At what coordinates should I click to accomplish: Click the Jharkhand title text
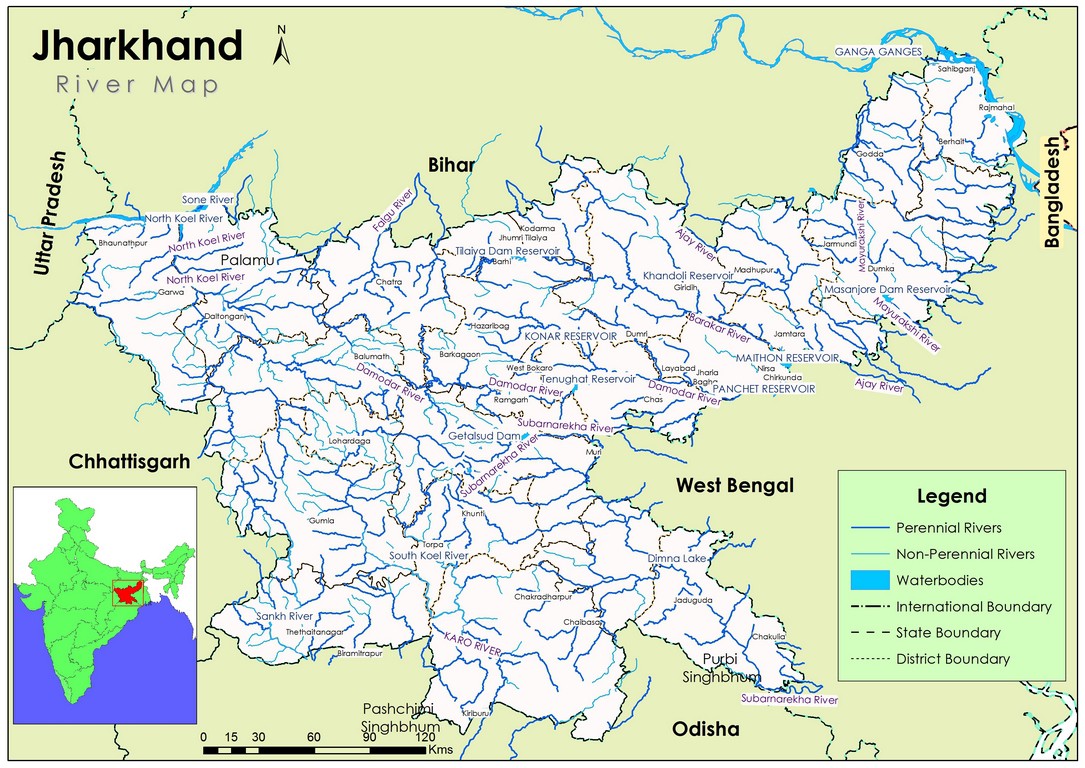click(x=138, y=46)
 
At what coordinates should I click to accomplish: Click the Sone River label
click(x=207, y=200)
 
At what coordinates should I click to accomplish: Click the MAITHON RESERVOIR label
click(x=787, y=357)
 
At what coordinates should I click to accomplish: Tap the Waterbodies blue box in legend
click(x=868, y=580)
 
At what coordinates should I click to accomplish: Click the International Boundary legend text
click(x=973, y=607)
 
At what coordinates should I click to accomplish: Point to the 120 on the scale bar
click(x=425, y=737)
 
